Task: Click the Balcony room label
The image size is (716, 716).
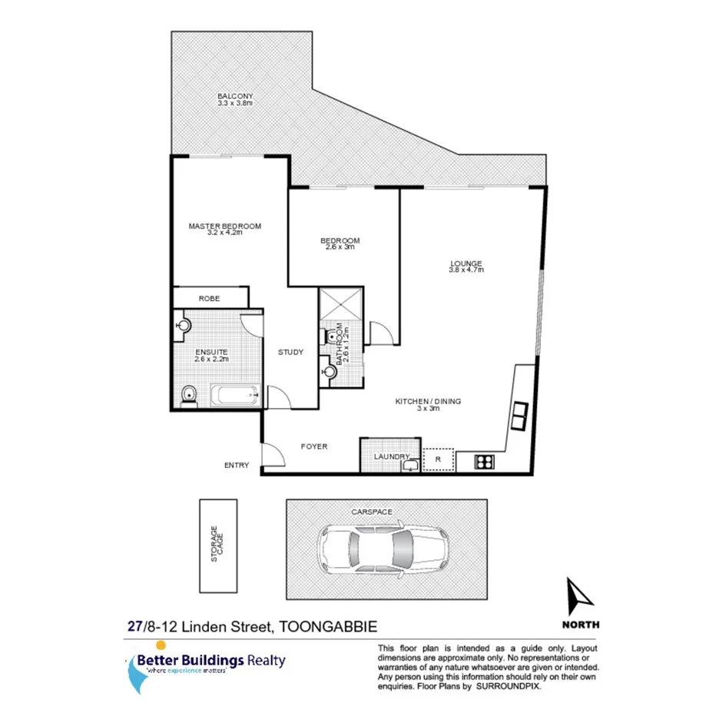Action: pyautogui.click(x=235, y=96)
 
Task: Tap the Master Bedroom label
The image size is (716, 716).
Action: pyautogui.click(x=225, y=226)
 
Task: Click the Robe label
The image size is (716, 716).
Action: pyautogui.click(x=209, y=298)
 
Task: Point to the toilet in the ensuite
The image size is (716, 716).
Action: pyautogui.click(x=188, y=396)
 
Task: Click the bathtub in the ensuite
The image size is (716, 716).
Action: pyautogui.click(x=235, y=396)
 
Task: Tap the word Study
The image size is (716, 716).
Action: pyautogui.click(x=290, y=353)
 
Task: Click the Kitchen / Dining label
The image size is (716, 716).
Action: pyautogui.click(x=428, y=401)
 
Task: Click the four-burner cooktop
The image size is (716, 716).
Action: pyautogui.click(x=486, y=461)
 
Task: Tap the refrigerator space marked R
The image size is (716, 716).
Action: pyautogui.click(x=438, y=459)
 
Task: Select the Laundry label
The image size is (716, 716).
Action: pyautogui.click(x=390, y=457)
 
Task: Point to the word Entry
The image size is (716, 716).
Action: pyautogui.click(x=237, y=465)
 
